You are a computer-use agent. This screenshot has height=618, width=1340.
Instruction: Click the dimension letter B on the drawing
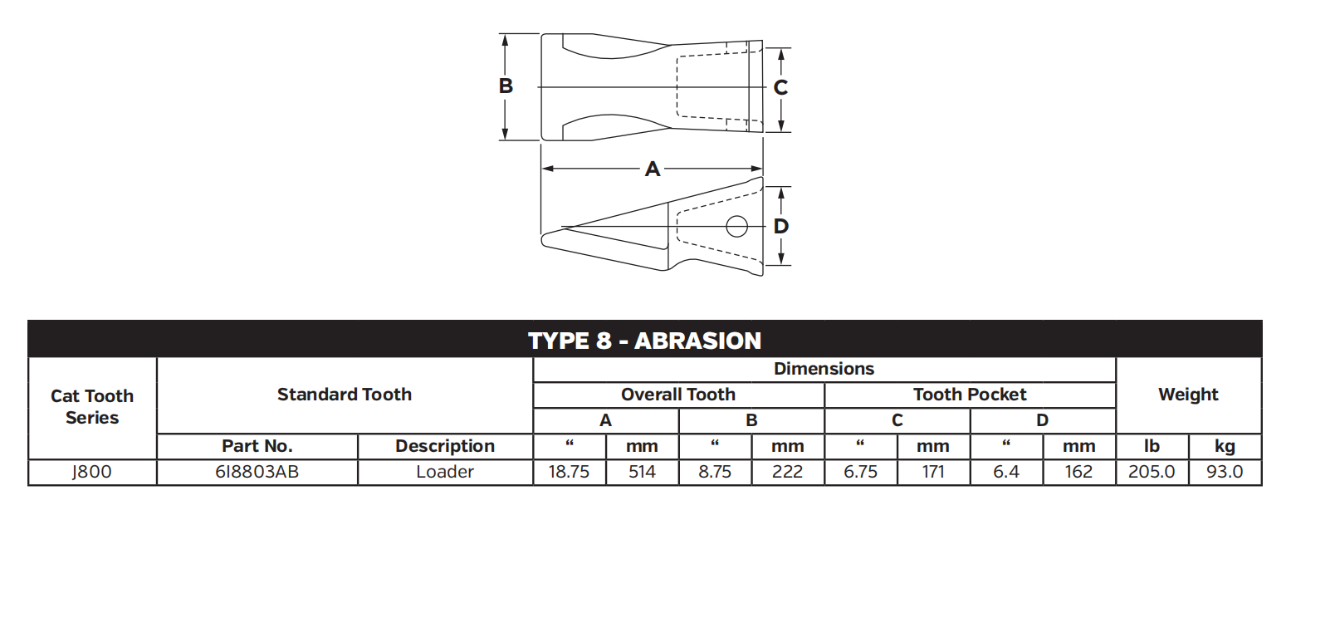click(x=506, y=86)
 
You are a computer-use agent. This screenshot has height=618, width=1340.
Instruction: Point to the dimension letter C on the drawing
click(x=780, y=88)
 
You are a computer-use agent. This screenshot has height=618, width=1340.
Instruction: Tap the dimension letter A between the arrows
click(x=652, y=169)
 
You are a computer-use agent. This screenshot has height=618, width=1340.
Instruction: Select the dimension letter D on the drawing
click(x=780, y=226)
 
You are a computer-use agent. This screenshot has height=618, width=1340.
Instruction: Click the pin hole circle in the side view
click(x=736, y=226)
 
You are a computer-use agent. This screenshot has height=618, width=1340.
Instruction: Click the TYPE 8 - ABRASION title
click(x=644, y=341)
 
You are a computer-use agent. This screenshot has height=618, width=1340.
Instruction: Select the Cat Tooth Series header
click(x=92, y=407)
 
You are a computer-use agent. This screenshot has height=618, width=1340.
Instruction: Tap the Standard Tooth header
click(x=344, y=395)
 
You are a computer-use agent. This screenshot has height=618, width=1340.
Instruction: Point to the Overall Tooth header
click(x=677, y=395)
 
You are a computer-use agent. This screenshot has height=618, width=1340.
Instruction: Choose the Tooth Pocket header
click(x=969, y=395)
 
